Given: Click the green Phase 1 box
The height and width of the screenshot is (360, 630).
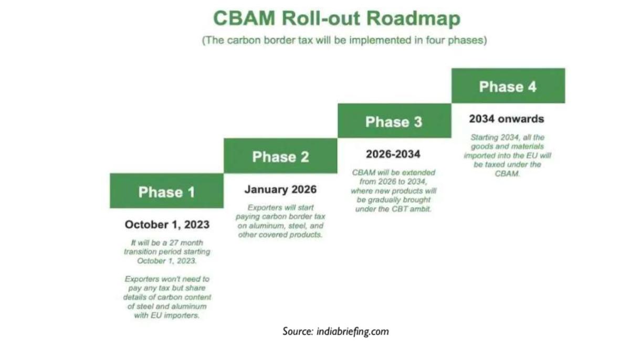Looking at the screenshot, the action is (167, 191).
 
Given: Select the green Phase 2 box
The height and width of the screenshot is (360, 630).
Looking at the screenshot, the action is (280, 156).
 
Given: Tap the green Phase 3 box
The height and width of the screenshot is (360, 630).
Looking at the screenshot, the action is (394, 121).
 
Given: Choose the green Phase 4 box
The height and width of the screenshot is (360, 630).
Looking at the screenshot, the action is (508, 86).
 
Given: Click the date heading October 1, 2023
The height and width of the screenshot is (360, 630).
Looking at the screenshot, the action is (167, 225).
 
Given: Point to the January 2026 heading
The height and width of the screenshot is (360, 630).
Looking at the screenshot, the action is (280, 189).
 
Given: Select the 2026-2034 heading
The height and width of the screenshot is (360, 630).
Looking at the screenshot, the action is (393, 154).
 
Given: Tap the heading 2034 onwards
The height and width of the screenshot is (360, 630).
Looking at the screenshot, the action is (507, 119).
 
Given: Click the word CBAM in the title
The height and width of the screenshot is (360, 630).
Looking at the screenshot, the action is (244, 18).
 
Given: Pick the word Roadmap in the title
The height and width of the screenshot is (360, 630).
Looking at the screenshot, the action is (414, 18).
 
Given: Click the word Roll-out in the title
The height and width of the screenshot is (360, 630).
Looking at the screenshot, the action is (321, 18).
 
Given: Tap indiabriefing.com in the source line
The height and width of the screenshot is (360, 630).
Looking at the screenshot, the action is (353, 332).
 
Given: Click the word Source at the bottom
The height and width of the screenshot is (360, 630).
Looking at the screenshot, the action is (298, 331).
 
